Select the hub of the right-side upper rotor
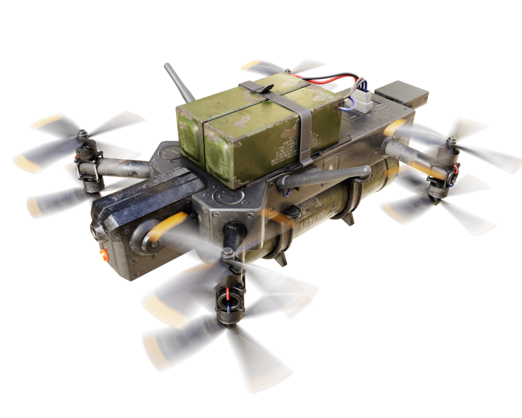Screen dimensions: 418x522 click(x=451, y=141)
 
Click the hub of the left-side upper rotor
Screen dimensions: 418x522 click(x=83, y=134)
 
